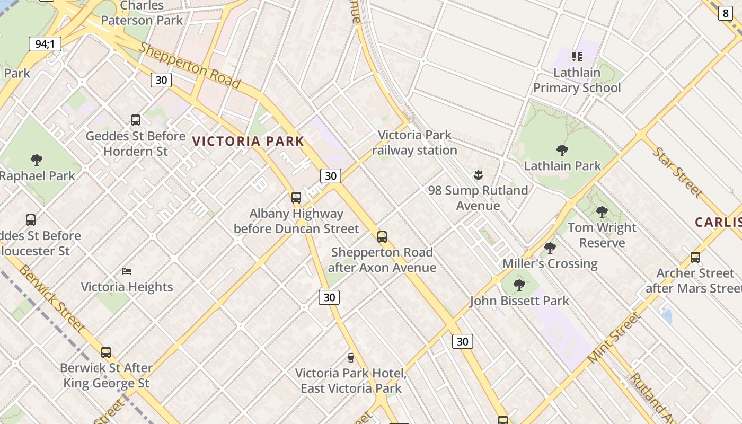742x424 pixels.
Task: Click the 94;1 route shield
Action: [45, 44]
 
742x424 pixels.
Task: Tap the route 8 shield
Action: [726, 13]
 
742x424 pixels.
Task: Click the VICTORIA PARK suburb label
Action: [248, 141]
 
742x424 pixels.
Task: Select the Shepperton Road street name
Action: [190, 65]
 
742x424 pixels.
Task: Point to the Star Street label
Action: [678, 172]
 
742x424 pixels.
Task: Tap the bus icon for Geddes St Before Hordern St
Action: [136, 120]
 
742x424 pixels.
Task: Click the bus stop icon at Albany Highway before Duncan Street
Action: [296, 198]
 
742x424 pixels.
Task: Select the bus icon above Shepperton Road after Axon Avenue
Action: [382, 236]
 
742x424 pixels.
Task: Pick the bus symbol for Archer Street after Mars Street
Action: [695, 258]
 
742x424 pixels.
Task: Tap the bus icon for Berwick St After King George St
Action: [106, 352]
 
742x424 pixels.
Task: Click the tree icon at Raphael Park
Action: [37, 160]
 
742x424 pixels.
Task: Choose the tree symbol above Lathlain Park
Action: [562, 150]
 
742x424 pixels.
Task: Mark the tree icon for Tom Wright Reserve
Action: [602, 212]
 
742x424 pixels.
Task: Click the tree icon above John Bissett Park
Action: [519, 285]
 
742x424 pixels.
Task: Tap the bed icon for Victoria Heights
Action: [127, 271]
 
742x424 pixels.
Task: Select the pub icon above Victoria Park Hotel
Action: [350, 357]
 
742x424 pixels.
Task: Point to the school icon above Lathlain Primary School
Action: [577, 56]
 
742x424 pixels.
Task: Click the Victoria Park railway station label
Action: [414, 143]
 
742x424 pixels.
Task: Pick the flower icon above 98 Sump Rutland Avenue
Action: [478, 174]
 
